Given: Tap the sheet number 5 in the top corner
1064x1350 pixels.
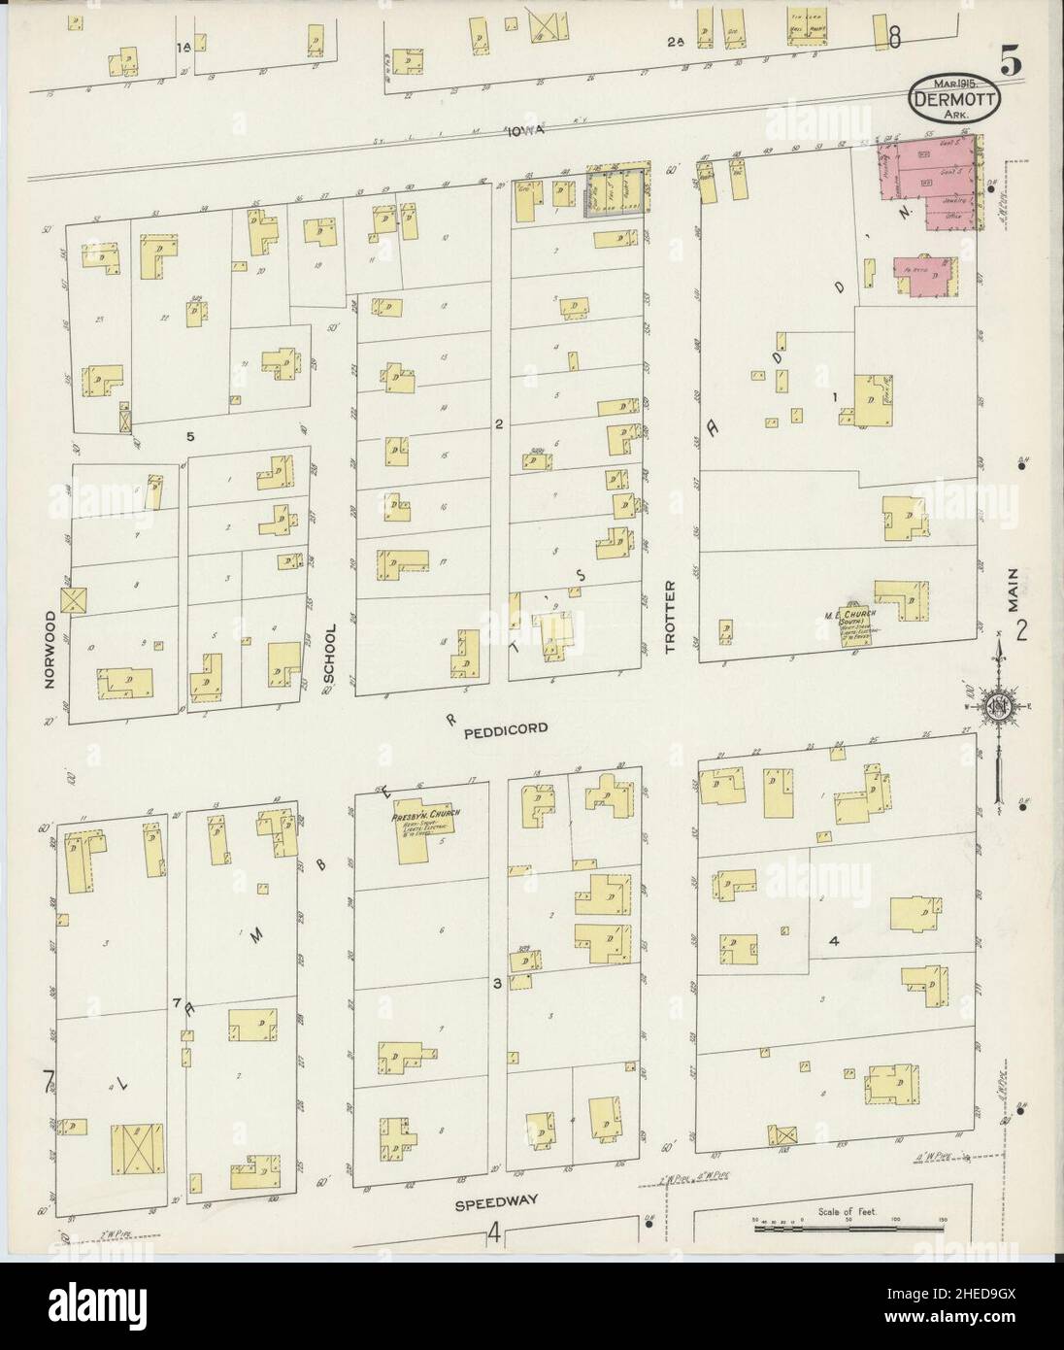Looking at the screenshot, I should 1011,63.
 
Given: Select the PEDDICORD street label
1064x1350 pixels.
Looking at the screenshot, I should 512,726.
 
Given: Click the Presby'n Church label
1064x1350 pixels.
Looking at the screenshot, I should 426,816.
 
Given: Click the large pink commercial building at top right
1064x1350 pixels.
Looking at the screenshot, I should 924,186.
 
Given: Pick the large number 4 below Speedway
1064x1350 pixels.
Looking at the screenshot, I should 494,1235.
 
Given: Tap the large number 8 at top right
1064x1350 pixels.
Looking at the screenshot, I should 894,38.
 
